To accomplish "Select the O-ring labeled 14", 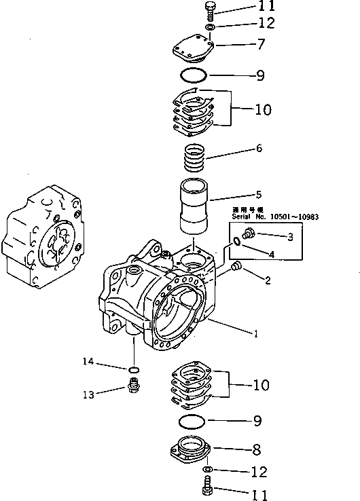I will [134, 369].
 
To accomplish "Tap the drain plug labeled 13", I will [134, 389].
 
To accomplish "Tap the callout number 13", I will [88, 393].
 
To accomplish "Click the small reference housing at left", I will [43, 237].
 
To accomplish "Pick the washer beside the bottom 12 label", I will [209, 470].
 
